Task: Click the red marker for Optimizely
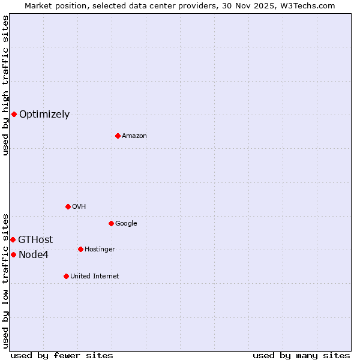click(x=14, y=114)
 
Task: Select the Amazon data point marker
click(x=118, y=136)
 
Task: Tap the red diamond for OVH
click(x=68, y=206)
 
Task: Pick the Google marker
click(x=111, y=223)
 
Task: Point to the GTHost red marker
click(x=13, y=239)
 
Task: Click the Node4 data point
click(x=13, y=254)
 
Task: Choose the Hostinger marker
click(x=80, y=249)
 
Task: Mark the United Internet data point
click(x=66, y=276)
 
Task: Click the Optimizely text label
click(x=44, y=114)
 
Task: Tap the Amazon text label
click(x=134, y=136)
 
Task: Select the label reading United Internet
click(x=94, y=276)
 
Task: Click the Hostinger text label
click(x=100, y=249)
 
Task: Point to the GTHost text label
click(x=35, y=239)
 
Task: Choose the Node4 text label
click(x=34, y=254)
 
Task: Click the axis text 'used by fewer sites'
click(x=62, y=355)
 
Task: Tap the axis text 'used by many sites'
click(x=301, y=355)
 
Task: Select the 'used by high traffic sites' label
click(x=5, y=85)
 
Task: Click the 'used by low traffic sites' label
click(x=5, y=280)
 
